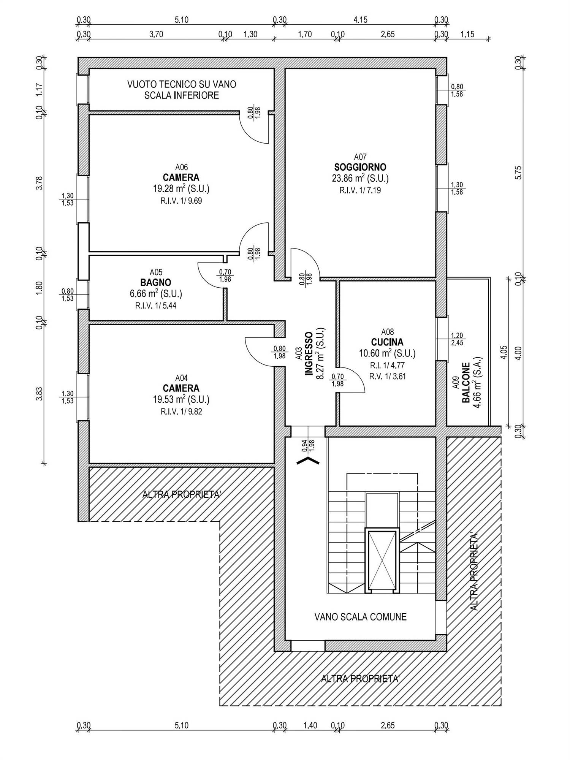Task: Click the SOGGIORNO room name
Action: (360, 167)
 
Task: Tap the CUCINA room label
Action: (387, 342)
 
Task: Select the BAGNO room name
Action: (156, 283)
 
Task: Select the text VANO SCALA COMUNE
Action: (361, 617)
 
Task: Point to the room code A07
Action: (360, 157)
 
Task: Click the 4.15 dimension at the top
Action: (360, 20)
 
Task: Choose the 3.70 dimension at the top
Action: (156, 34)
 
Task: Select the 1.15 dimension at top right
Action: (467, 34)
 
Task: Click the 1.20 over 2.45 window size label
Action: (457, 339)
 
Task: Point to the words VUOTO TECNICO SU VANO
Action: (182, 84)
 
